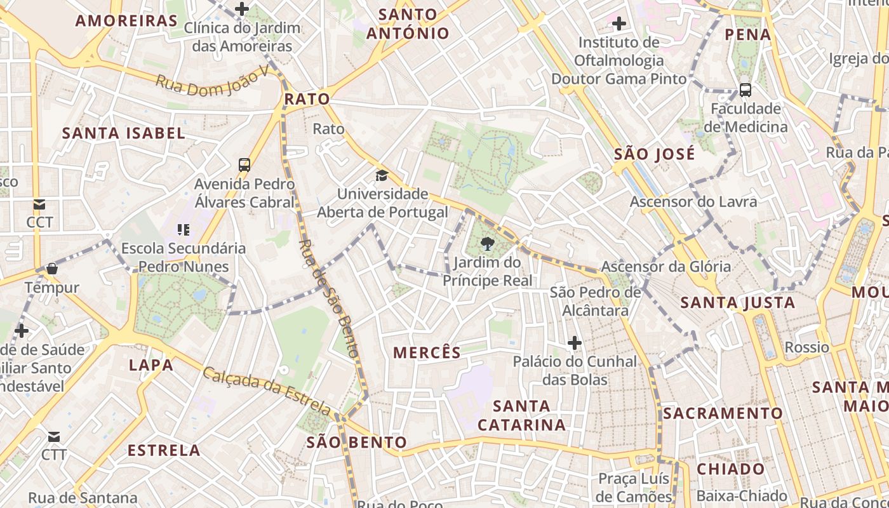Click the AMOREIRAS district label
(126, 20)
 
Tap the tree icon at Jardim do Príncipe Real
(487, 243)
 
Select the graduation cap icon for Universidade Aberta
(382, 175)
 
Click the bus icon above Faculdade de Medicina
(745, 90)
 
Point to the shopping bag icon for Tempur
(52, 269)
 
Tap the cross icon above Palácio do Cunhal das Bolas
(575, 343)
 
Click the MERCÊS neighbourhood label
(427, 353)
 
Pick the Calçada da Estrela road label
(267, 389)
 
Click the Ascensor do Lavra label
(693, 202)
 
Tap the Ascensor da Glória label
(666, 266)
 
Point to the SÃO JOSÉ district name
(655, 154)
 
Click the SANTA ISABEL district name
(124, 133)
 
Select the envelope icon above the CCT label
(39, 204)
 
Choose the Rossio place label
(807, 347)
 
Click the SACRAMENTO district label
(723, 413)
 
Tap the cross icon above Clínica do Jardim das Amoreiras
(242, 9)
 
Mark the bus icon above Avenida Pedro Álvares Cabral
(244, 165)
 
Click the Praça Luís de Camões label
(634, 487)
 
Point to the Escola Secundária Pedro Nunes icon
(184, 229)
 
